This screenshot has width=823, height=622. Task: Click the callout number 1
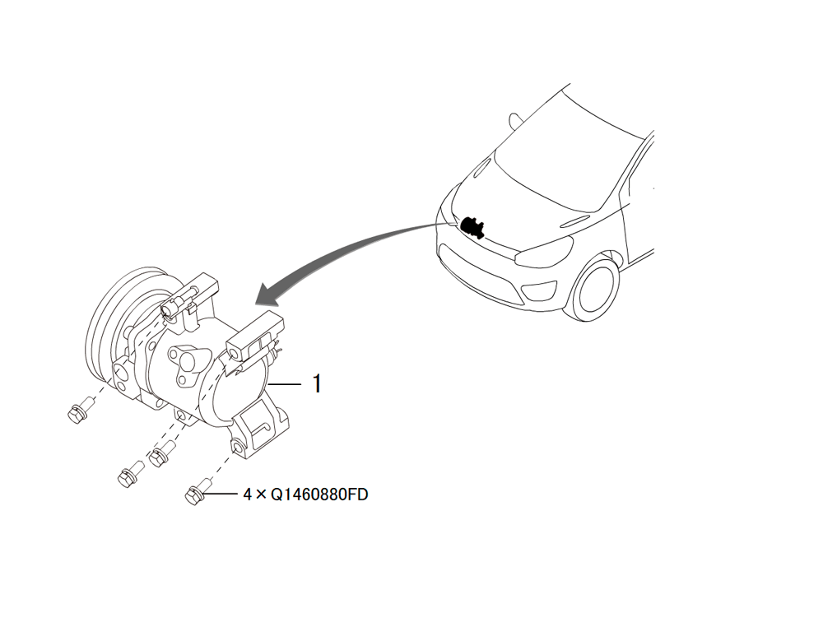[x=317, y=383]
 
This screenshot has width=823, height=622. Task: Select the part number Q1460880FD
[x=319, y=494]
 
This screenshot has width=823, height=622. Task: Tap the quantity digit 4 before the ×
[x=248, y=494]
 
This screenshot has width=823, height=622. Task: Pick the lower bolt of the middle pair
[x=130, y=474]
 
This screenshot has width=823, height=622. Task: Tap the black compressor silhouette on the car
[x=472, y=226]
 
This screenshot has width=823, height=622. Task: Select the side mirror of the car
[x=514, y=121]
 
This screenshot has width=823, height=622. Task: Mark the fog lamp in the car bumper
[x=541, y=291]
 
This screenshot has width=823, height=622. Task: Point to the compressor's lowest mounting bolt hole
[x=238, y=448]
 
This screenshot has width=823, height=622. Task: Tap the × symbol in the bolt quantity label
[x=262, y=494]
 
